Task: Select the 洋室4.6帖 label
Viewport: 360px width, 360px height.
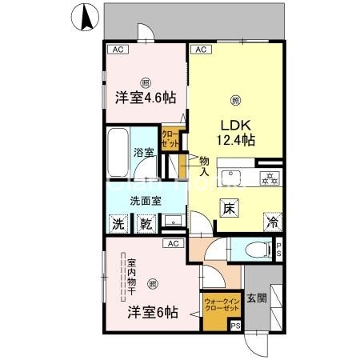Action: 145,98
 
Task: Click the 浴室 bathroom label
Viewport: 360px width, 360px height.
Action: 143,151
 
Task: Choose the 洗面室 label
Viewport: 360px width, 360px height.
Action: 146,201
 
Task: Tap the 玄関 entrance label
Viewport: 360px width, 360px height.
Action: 256,298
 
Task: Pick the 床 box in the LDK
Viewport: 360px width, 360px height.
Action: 228,206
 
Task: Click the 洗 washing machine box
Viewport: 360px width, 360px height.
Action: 118,226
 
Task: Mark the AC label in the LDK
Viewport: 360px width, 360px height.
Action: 199,50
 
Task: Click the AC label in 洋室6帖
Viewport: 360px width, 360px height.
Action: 172,242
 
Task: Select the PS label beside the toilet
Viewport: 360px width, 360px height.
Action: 278,249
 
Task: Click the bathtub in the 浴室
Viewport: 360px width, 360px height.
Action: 118,152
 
